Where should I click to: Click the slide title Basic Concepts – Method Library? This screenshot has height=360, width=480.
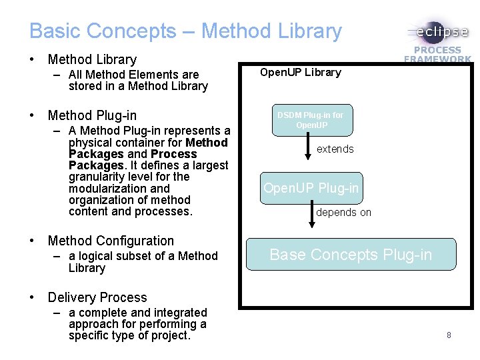[x=185, y=31]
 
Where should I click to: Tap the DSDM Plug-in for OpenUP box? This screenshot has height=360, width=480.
[x=311, y=120]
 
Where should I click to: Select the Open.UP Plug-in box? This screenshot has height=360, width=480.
[x=311, y=188]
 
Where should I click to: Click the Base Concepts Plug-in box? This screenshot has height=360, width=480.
[x=351, y=254]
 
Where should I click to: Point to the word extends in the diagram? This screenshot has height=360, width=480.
[x=335, y=149]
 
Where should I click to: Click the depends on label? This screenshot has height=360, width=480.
[x=343, y=213]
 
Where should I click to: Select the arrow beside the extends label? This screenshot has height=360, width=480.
[x=307, y=147]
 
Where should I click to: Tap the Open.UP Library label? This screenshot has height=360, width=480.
[x=300, y=72]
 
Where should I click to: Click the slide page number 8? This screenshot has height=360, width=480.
[x=449, y=335]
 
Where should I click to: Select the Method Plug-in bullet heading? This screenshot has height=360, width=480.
[x=92, y=116]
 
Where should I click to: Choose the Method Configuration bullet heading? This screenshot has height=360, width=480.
[x=111, y=241]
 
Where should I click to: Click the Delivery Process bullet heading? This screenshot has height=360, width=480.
[x=97, y=297]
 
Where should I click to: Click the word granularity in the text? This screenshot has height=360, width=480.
[x=96, y=177]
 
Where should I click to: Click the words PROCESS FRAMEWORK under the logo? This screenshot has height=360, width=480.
[x=437, y=54]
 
